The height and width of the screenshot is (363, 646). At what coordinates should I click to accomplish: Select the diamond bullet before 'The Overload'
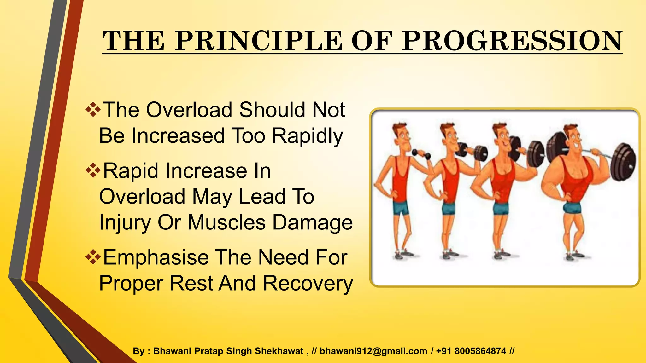tap(93, 110)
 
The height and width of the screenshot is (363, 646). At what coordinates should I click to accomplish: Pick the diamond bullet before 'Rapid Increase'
tap(93, 171)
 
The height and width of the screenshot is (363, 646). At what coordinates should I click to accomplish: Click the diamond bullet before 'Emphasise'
tap(93, 257)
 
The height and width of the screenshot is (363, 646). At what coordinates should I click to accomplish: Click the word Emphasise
tap(156, 257)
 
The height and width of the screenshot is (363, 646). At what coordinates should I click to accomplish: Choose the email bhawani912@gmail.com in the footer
tap(373, 351)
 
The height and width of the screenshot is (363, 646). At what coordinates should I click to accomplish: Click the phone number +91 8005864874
tap(471, 351)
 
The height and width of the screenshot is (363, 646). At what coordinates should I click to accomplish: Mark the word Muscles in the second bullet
tap(226, 222)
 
